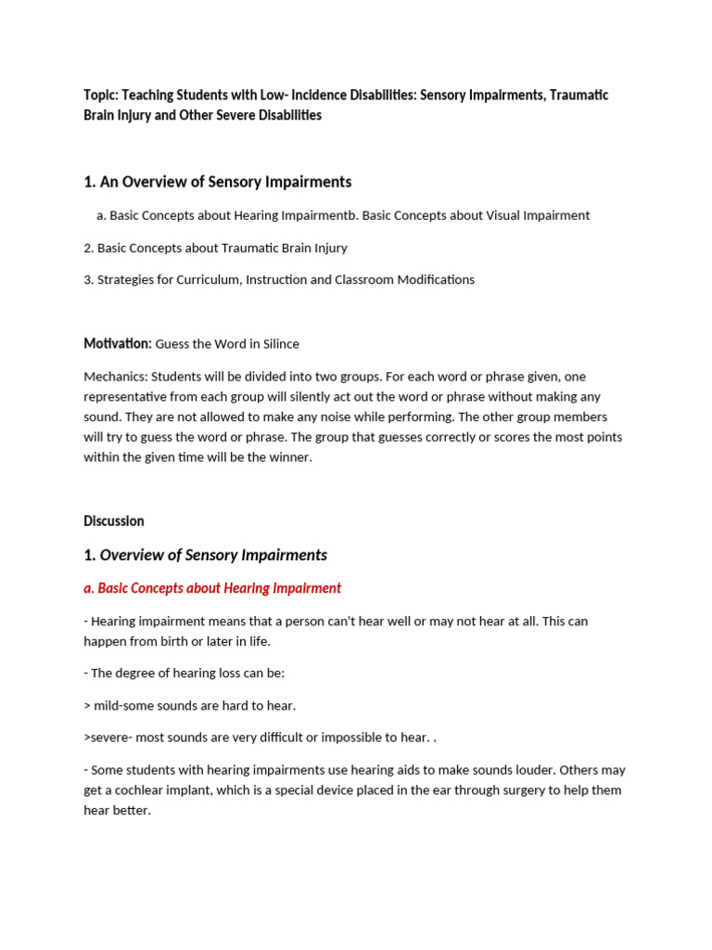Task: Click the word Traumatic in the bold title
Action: [x=579, y=96]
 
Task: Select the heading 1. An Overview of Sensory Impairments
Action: [x=217, y=182]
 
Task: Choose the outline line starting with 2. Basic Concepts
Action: [x=215, y=248]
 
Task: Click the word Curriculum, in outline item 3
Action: [x=207, y=279]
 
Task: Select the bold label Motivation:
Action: [x=117, y=343]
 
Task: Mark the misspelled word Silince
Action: [x=281, y=344]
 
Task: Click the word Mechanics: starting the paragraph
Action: [x=115, y=377]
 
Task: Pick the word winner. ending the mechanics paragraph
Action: [x=291, y=457]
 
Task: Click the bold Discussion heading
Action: [x=114, y=521]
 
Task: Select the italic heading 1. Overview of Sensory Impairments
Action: [x=205, y=555]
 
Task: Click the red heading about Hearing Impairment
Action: [x=212, y=588]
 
